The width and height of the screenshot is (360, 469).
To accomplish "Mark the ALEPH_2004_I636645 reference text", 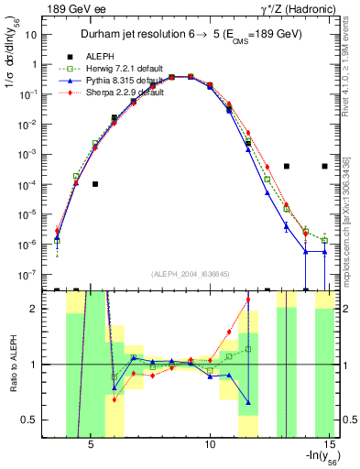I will coord(191,274).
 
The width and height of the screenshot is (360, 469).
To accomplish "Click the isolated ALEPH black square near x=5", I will coord(94,184).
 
